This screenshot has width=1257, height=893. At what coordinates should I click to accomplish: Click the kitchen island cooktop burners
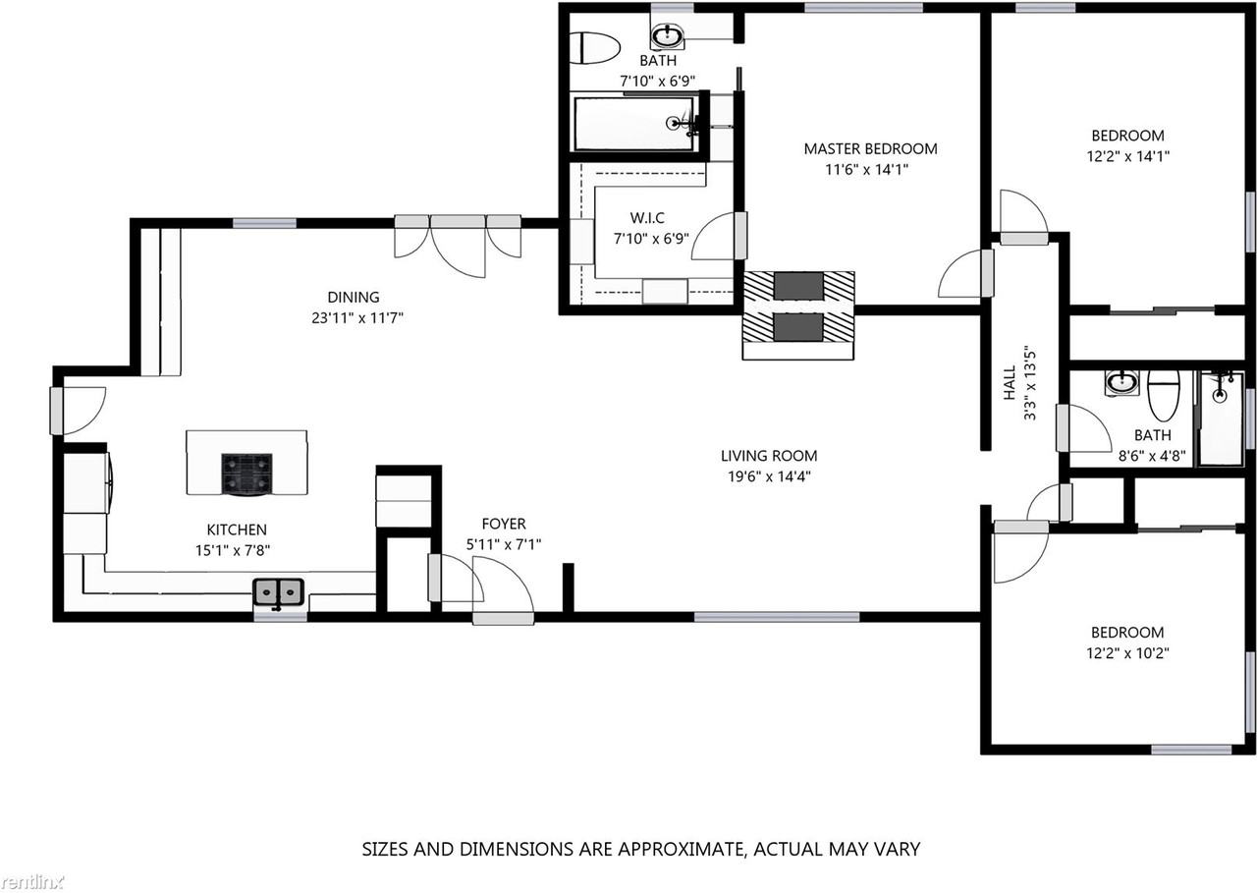[246, 473]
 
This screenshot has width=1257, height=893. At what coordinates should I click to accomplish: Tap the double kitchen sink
[279, 591]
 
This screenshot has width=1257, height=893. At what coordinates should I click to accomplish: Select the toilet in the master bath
[597, 47]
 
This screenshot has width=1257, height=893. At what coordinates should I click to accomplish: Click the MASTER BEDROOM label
[870, 149]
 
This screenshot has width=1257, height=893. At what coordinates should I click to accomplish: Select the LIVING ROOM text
[769, 456]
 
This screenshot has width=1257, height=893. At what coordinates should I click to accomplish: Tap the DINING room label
[353, 298]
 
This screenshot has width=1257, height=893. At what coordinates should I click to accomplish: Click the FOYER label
[503, 525]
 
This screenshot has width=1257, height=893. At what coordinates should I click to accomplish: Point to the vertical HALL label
[1010, 385]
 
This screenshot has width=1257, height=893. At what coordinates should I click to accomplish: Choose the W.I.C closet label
[646, 218]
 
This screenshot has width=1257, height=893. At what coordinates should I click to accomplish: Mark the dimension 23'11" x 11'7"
[353, 317]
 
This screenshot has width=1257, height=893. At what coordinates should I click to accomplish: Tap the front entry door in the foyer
[503, 617]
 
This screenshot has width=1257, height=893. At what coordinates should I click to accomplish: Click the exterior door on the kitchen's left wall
[58, 412]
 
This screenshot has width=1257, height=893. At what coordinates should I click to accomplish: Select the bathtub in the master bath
[635, 123]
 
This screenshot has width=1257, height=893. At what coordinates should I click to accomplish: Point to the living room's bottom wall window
[776, 617]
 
